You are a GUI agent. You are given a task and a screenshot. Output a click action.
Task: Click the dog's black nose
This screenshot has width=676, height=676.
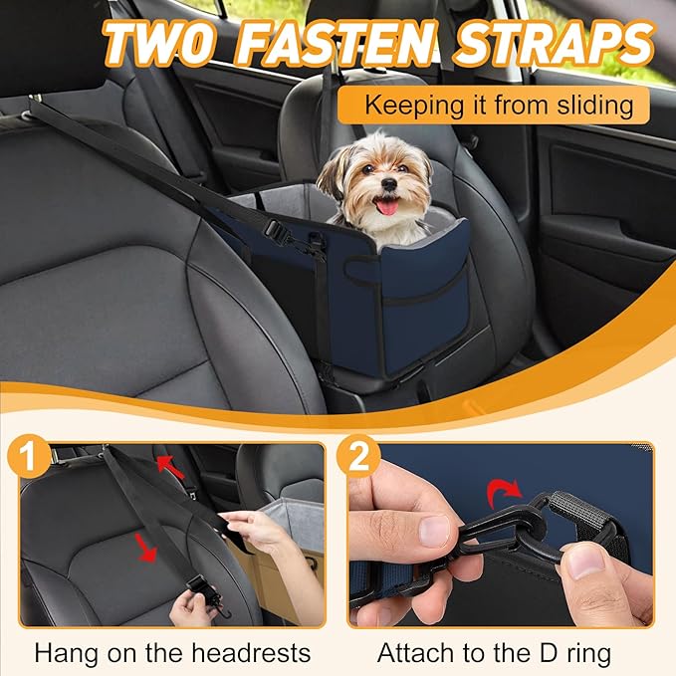(389, 184)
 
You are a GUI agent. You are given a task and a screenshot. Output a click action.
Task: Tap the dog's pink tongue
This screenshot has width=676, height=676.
(386, 207)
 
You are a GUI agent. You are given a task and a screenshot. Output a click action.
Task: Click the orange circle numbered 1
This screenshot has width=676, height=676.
(29, 457)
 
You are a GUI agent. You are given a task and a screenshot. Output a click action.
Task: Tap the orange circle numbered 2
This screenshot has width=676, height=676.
(358, 457)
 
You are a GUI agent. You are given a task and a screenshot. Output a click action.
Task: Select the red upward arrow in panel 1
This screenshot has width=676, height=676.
(170, 467)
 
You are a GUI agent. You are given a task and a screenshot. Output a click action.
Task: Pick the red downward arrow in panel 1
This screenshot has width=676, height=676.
(145, 548)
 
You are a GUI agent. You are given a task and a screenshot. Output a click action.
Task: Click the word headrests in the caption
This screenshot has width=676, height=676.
(251, 653)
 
